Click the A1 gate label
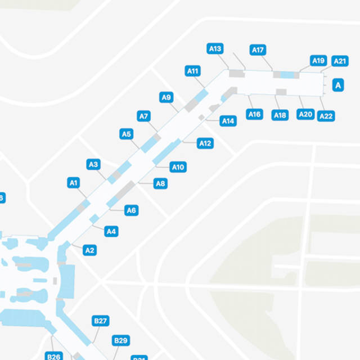[74, 182]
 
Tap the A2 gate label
[89, 250]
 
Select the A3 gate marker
[93, 164]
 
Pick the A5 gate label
[127, 134]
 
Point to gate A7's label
[143, 116]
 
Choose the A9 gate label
[166, 97]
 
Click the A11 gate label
[192, 71]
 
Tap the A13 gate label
[215, 48]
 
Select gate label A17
[258, 50]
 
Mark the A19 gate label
[318, 61]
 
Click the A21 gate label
[340, 61]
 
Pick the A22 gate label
[326, 116]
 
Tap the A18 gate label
[280, 115]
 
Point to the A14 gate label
[228, 121]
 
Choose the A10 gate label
[178, 167]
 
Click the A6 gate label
[131, 210]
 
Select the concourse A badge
[338, 85]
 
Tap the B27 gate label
[100, 321]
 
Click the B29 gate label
[121, 340]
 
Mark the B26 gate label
[54, 356]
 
